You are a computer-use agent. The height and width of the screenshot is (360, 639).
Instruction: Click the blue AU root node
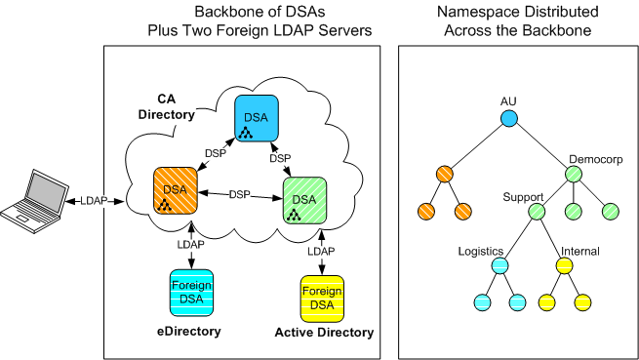pos(508,119)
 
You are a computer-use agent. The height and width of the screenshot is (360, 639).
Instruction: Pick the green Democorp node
pos(573,175)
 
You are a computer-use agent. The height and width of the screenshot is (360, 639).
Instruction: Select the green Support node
pos(535,211)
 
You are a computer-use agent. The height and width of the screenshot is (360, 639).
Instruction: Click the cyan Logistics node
pos(499,264)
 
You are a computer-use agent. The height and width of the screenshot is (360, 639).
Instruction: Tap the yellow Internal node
pos(565,264)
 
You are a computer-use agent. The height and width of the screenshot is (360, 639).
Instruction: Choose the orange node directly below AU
pos(445,175)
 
